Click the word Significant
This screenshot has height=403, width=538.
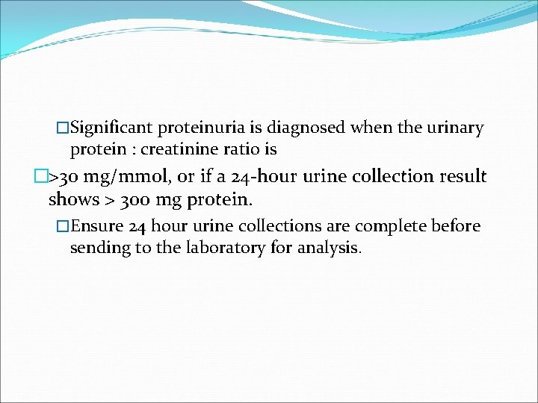(x=114, y=128)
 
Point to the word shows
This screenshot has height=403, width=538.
(x=72, y=199)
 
